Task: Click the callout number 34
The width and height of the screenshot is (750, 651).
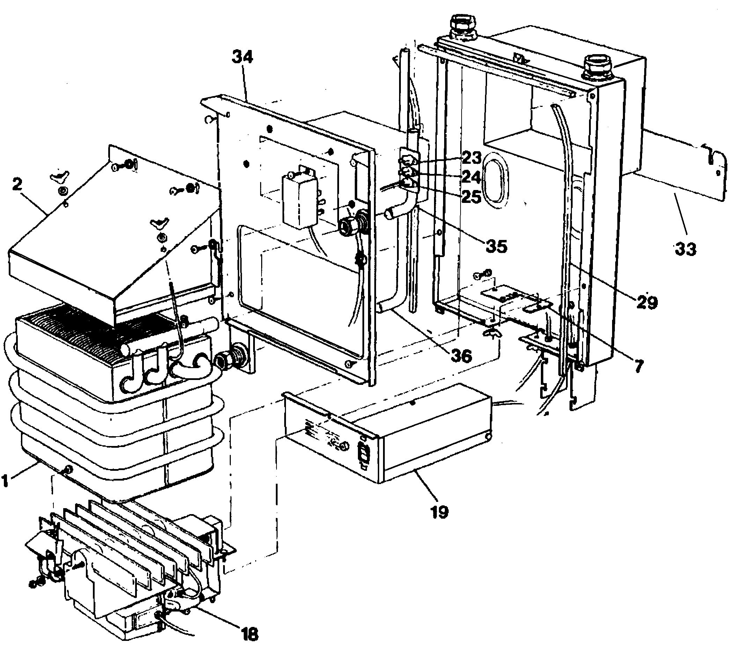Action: click(x=242, y=57)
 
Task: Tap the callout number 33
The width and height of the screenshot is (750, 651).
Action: click(x=685, y=250)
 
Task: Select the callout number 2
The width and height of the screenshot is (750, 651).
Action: click(x=17, y=185)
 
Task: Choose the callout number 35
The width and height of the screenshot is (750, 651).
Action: click(x=497, y=246)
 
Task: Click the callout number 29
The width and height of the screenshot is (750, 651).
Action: click(x=647, y=302)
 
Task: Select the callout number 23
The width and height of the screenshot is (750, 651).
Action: click(x=471, y=158)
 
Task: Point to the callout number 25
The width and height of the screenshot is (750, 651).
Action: click(x=471, y=197)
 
